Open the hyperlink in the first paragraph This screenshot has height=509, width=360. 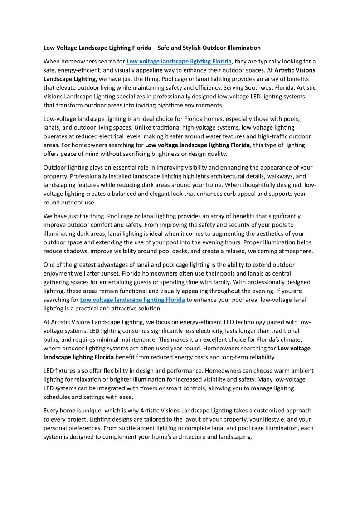click(179, 62)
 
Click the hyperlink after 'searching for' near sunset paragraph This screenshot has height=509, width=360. click(132, 300)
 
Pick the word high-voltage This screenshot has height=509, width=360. click(176, 127)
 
